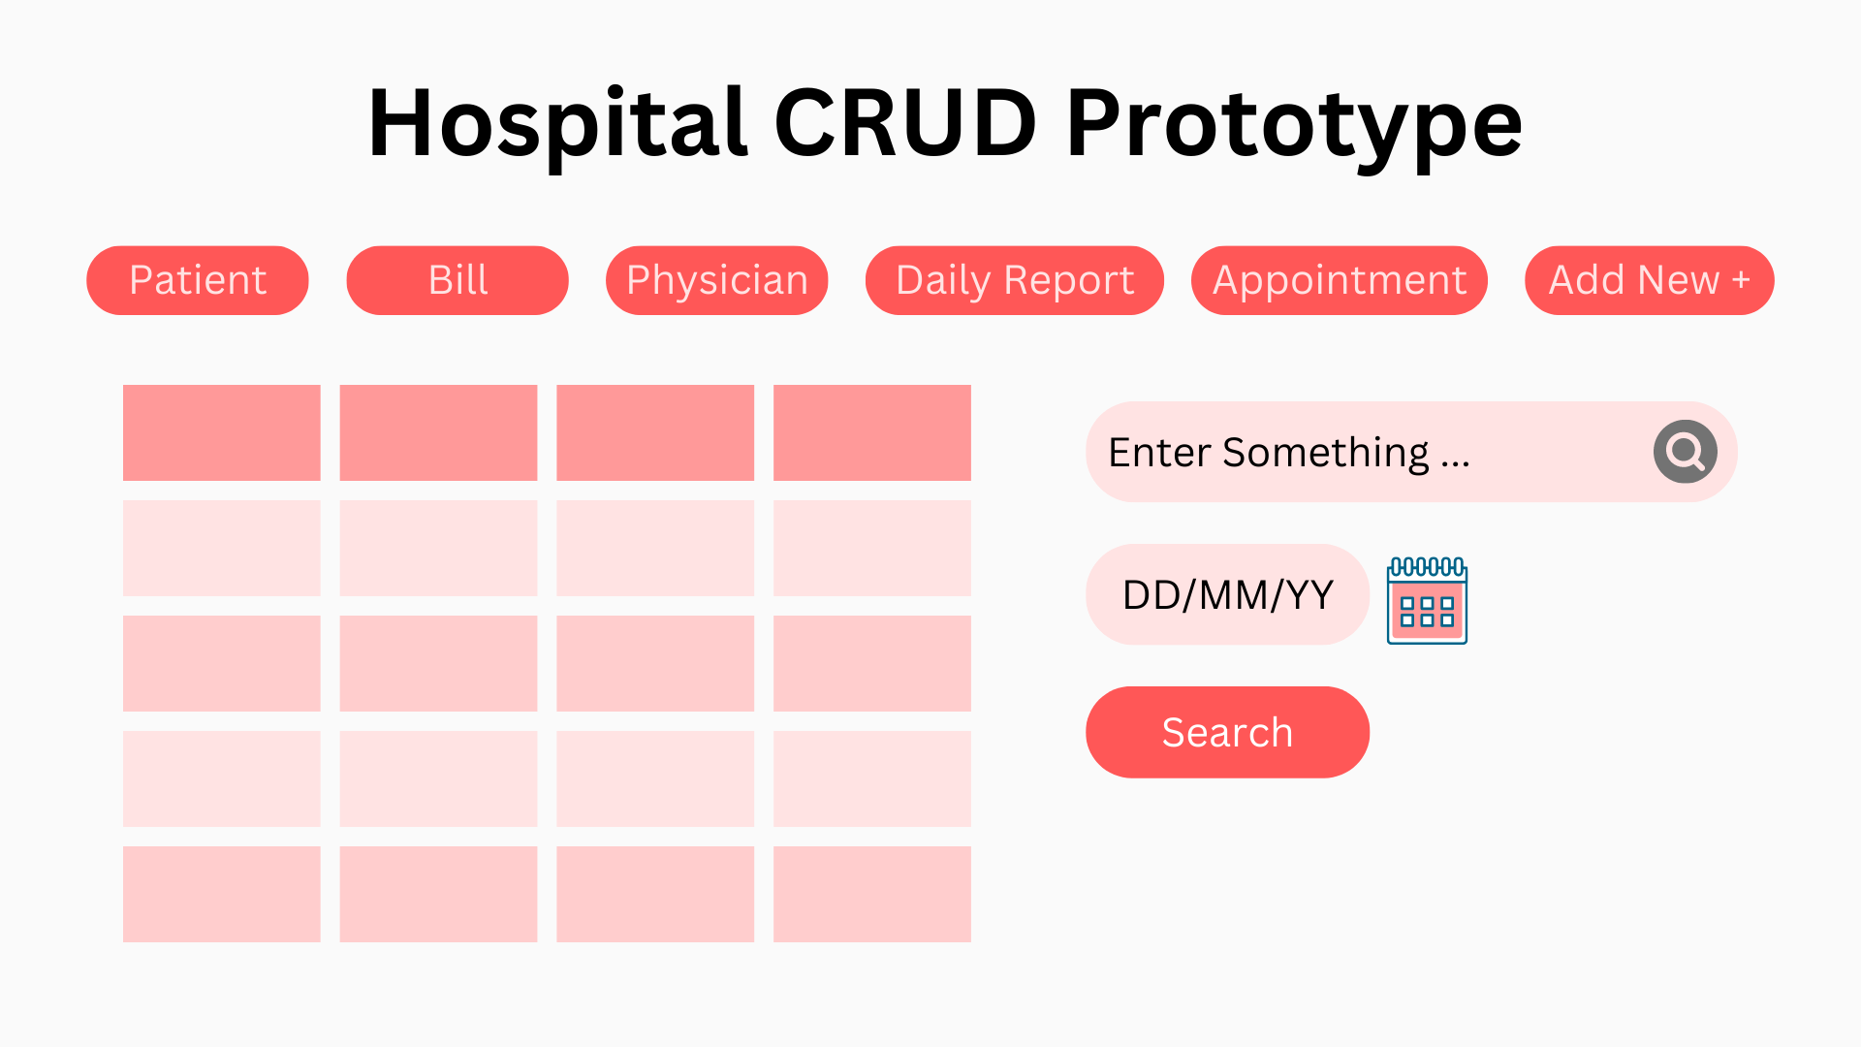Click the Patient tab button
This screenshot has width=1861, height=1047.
click(198, 280)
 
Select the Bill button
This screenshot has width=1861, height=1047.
click(457, 280)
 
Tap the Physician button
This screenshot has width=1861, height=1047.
click(717, 280)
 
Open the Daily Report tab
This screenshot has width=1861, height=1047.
click(1015, 280)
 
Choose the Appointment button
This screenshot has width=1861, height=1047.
click(1340, 280)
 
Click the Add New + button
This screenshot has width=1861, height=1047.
click(1650, 280)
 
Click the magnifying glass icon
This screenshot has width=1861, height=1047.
click(1686, 452)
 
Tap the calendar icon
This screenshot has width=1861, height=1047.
click(1427, 600)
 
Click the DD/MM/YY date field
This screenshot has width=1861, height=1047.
click(1227, 594)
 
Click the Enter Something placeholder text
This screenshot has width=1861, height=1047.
click(1289, 453)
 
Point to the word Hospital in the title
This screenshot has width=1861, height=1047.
click(558, 124)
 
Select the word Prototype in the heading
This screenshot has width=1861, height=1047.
click(1294, 127)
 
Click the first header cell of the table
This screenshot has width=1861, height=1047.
click(222, 432)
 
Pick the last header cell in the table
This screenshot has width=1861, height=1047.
click(872, 432)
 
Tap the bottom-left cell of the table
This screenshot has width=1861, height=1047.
click(222, 894)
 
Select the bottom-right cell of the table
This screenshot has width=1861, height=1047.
click(872, 894)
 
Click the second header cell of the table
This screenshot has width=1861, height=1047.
click(438, 432)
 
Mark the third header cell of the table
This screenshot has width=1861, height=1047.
click(655, 432)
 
